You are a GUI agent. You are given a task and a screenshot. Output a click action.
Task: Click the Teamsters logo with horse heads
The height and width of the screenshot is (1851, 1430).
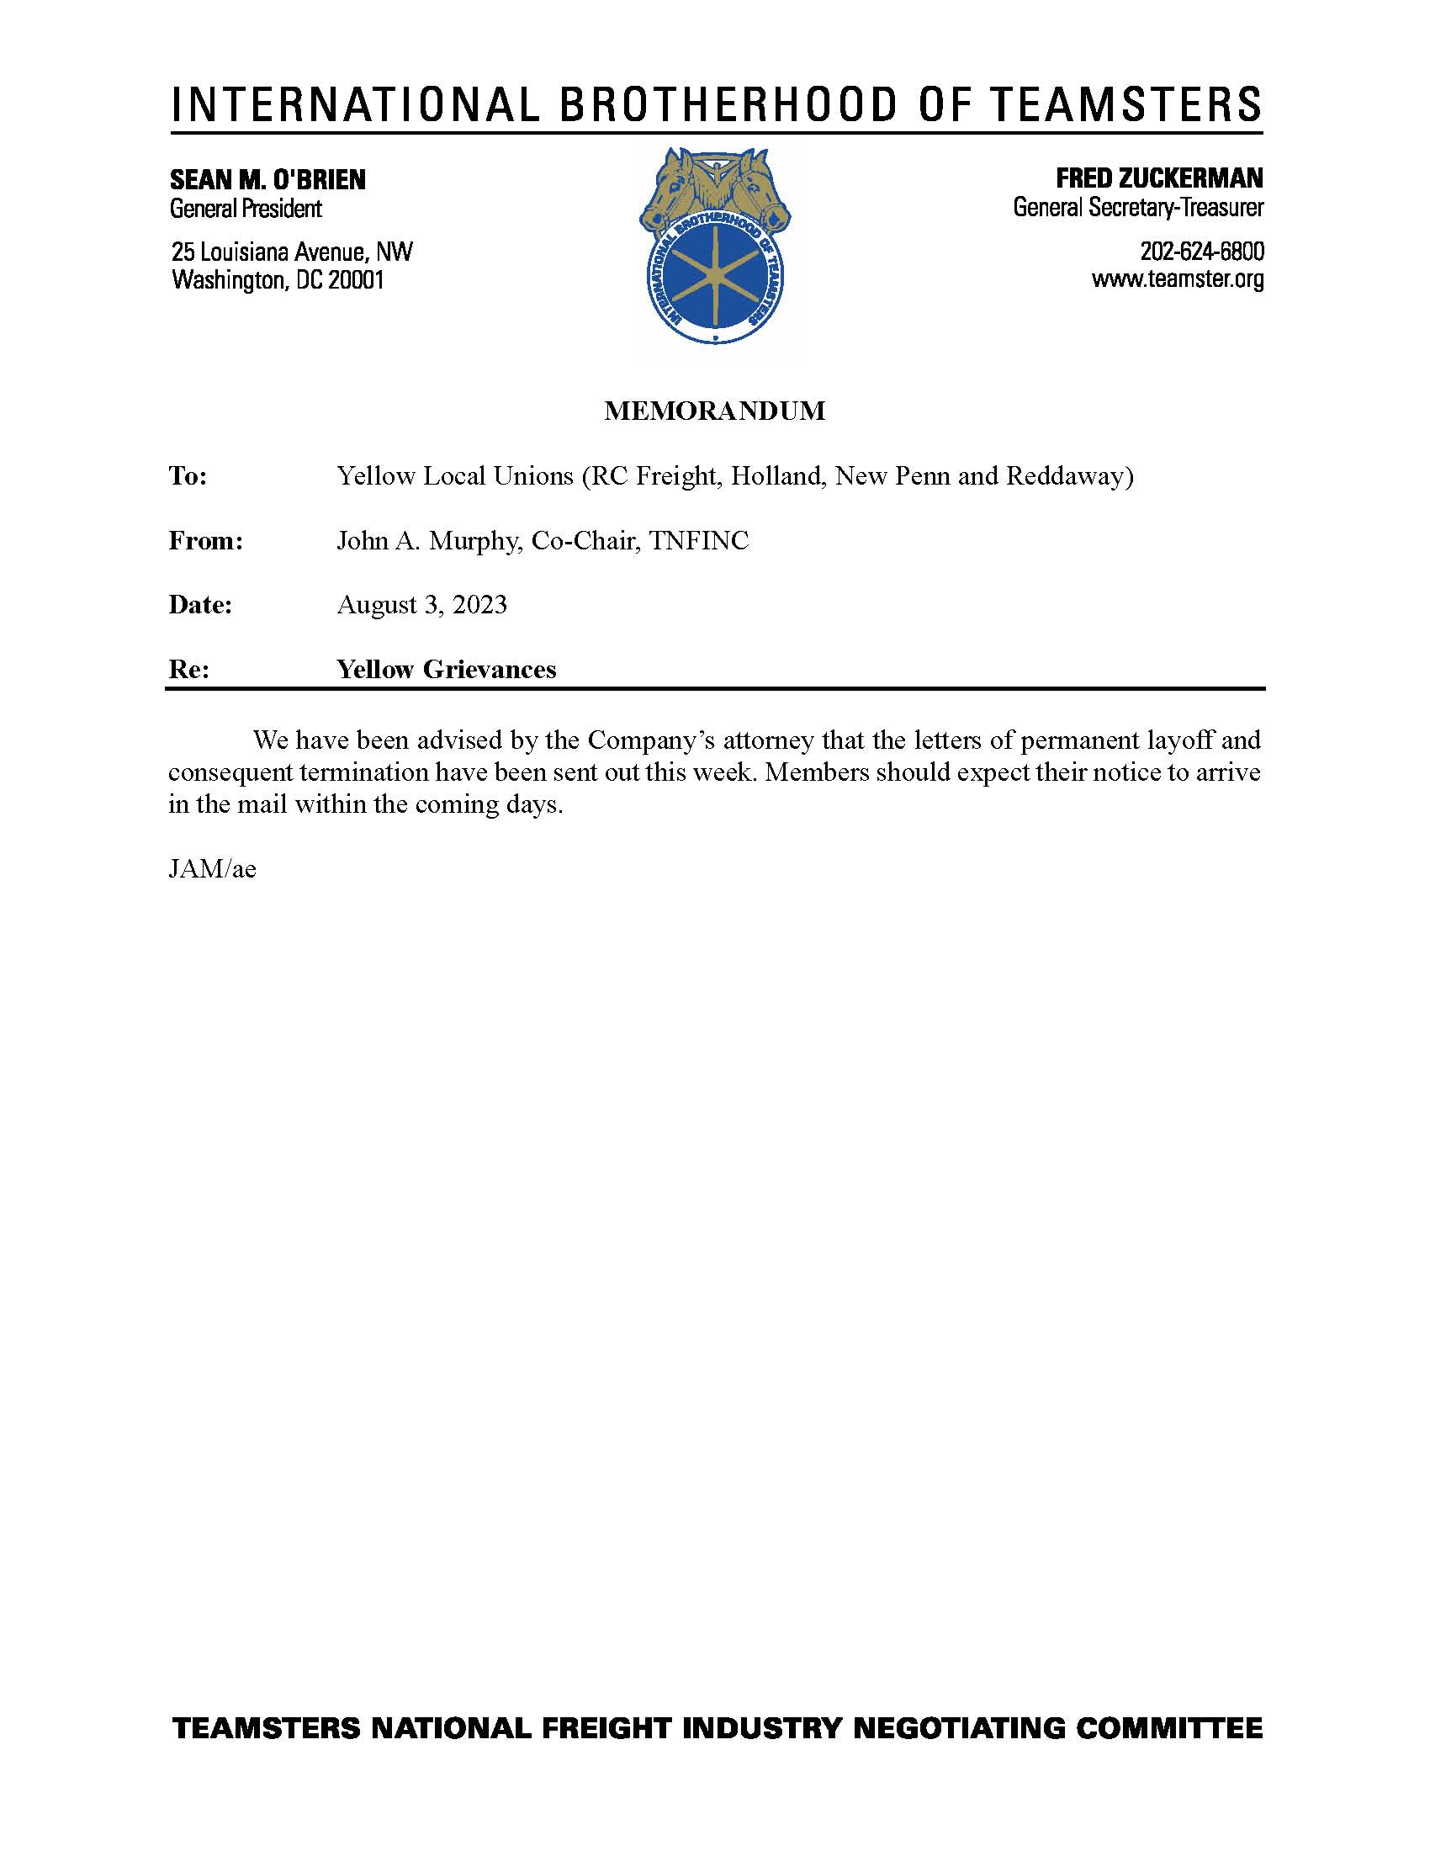pos(714,246)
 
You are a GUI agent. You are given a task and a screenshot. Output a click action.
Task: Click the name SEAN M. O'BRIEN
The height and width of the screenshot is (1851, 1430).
pos(267,180)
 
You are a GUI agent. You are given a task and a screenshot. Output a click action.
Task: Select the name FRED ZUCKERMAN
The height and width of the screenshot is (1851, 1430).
pos(1158,178)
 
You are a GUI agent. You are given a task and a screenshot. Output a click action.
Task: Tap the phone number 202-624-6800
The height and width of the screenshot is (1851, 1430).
pos(1201,252)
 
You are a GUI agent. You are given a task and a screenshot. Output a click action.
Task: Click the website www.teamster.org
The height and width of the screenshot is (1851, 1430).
pos(1177,278)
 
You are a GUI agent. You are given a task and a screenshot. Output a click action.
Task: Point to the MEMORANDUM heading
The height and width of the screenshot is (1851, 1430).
pos(714,411)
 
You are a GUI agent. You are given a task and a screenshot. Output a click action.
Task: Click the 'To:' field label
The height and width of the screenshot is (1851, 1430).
pos(188,476)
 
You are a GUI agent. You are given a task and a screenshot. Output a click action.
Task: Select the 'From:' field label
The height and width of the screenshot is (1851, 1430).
pos(206,541)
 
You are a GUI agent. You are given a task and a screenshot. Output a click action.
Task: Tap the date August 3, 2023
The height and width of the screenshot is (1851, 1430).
pos(422,605)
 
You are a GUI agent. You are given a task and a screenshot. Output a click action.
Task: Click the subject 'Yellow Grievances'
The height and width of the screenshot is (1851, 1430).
pos(447,670)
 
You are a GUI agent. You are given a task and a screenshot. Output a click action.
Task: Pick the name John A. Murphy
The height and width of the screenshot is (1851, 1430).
pos(427,541)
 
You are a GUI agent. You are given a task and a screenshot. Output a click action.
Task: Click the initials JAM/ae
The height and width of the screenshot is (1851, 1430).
pos(212,870)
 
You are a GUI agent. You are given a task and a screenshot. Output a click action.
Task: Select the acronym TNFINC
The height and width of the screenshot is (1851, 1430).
pos(699,541)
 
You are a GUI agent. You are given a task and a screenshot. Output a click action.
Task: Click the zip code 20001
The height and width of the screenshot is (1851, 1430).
pos(356,279)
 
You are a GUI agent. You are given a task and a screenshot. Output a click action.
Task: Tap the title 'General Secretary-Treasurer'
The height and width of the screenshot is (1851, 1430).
pos(1138,207)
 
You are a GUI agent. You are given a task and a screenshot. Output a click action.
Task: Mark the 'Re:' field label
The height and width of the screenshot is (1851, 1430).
pos(189,670)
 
